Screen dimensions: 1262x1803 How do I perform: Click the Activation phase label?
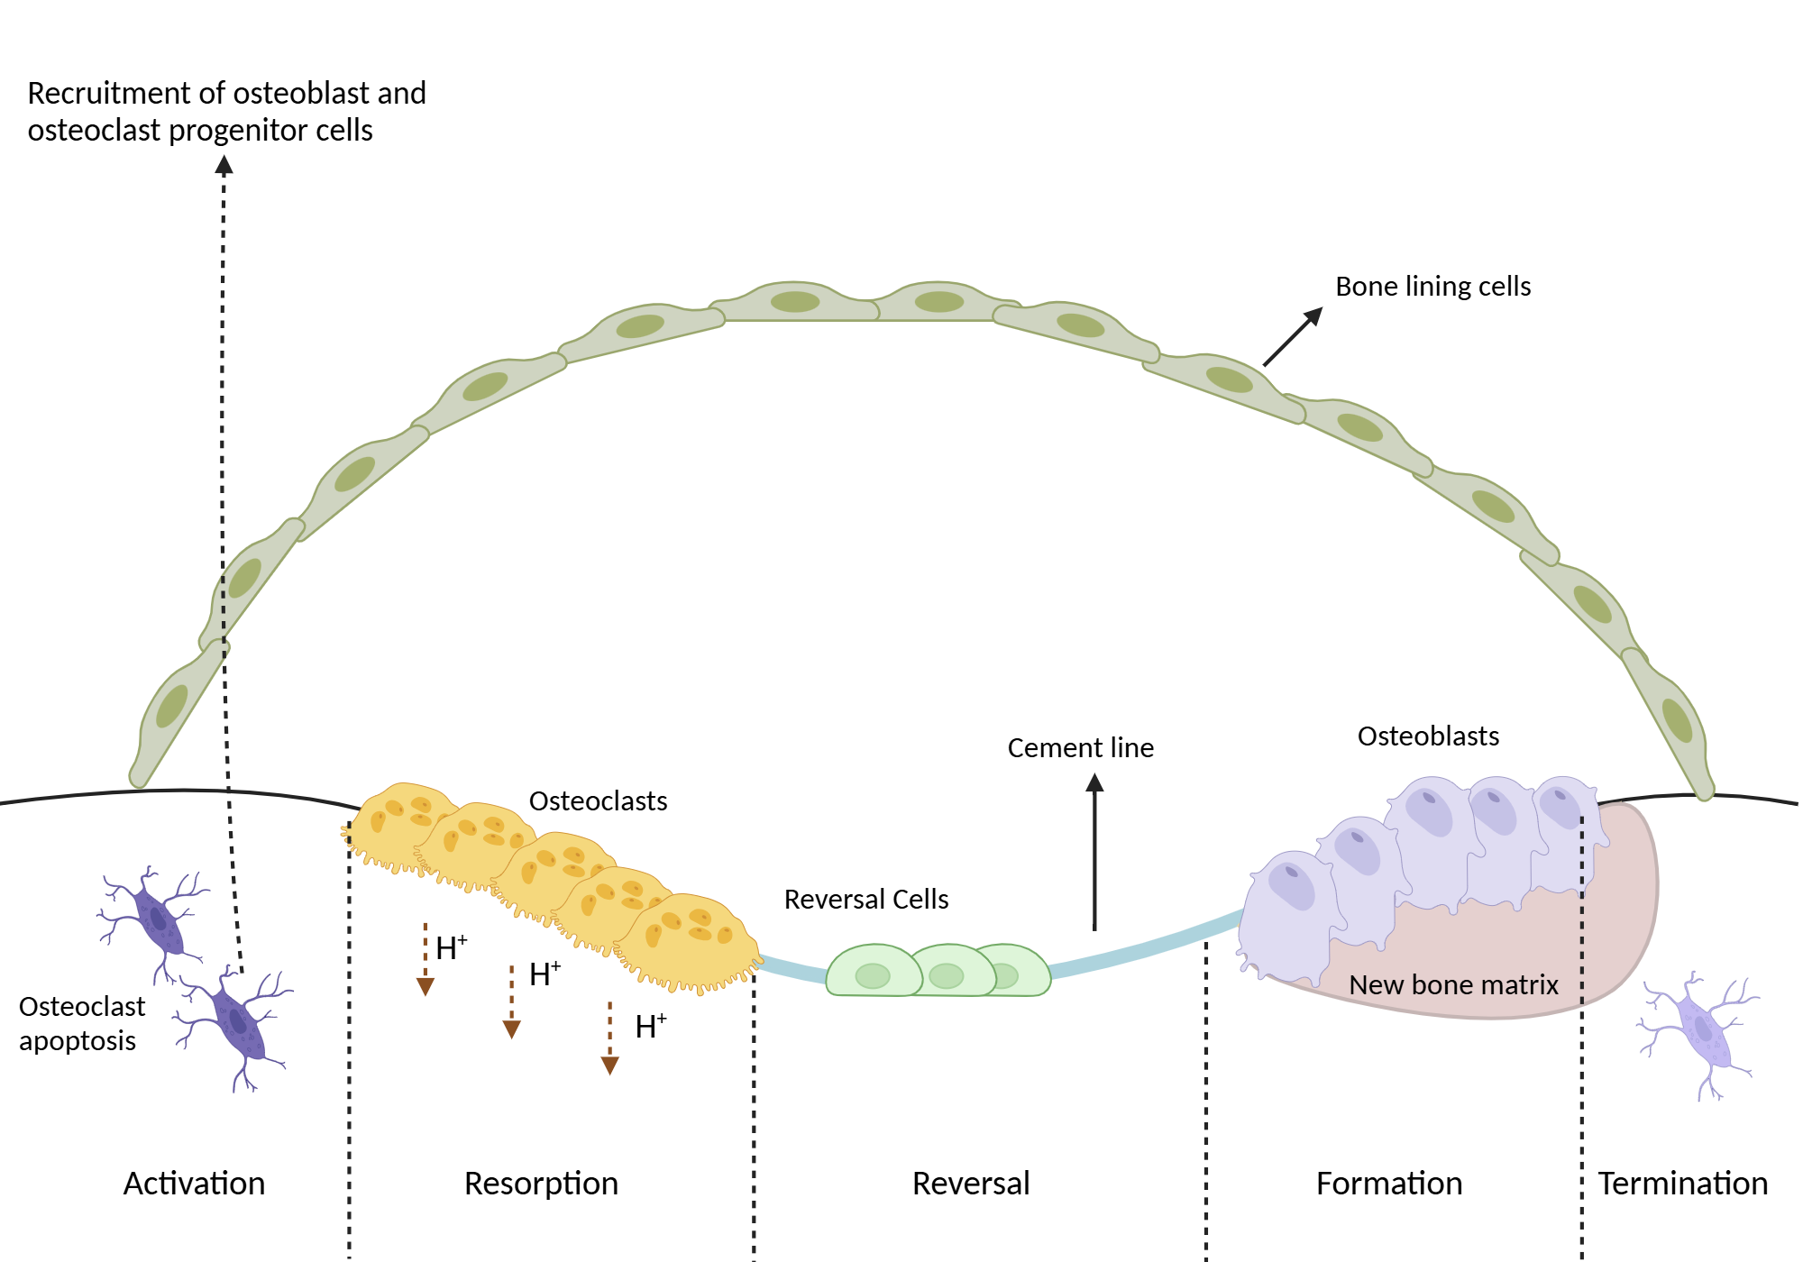pos(194,1184)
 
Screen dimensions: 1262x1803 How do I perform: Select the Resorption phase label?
pos(541,1184)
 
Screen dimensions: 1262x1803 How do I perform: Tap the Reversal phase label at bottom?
pos(971,1184)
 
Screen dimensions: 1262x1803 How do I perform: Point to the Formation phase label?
pos(1388,1184)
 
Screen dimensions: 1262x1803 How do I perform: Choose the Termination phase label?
pos(1682,1184)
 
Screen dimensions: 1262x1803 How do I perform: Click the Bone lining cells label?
pos(1432,287)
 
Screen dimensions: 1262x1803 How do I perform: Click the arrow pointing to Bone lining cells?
pos(1293,337)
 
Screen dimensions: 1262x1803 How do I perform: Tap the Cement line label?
pos(1080,748)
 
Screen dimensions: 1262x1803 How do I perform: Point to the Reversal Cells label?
pos(865,900)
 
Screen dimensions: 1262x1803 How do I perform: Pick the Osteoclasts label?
pos(598,801)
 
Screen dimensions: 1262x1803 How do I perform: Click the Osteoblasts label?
pos(1428,736)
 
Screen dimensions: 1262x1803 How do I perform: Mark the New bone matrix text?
pos(1453,985)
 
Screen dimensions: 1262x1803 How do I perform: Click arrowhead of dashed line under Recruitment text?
pos(224,164)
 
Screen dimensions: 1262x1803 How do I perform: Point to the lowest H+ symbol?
pos(650,1027)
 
